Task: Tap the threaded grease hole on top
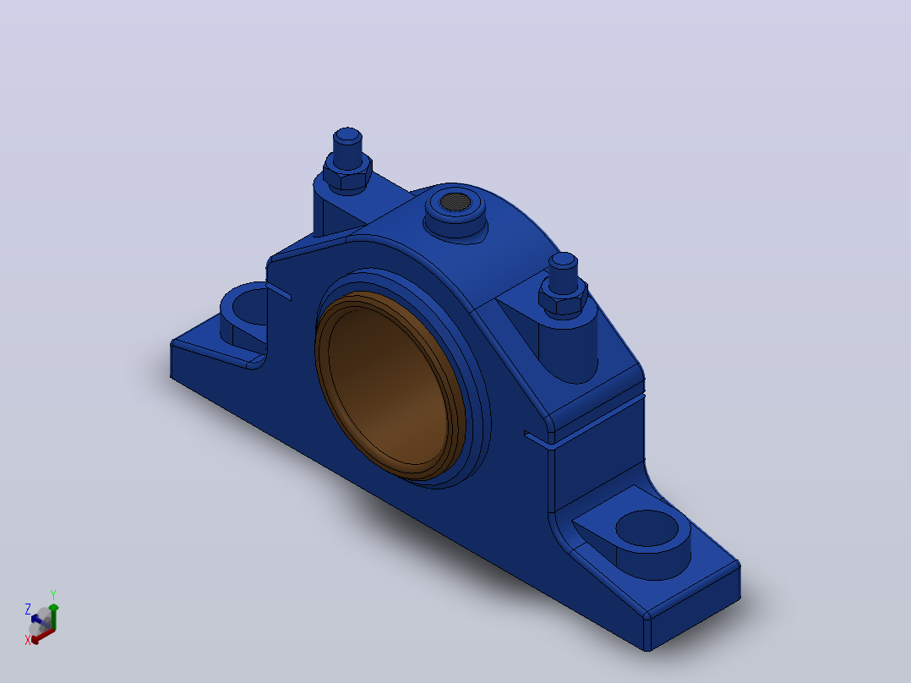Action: click(455, 202)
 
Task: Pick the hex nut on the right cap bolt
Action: click(563, 299)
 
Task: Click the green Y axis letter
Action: click(53, 595)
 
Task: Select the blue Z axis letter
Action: click(27, 609)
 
